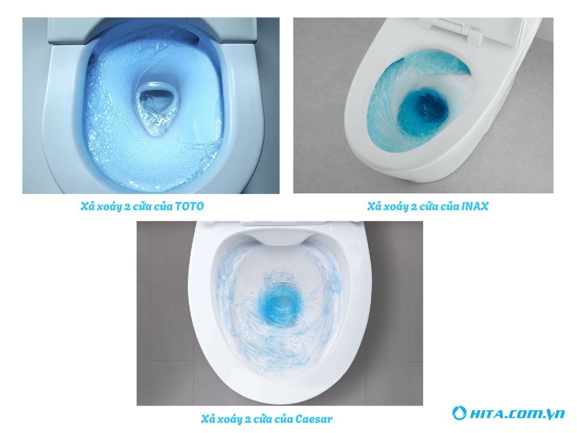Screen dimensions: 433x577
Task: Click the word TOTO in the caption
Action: (x=189, y=206)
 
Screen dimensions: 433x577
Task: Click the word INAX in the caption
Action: (x=475, y=206)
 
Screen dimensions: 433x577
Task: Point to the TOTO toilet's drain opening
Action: (x=153, y=103)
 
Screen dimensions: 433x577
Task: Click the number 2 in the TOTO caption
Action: (x=131, y=206)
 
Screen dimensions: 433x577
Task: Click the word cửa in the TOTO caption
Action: (x=147, y=206)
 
